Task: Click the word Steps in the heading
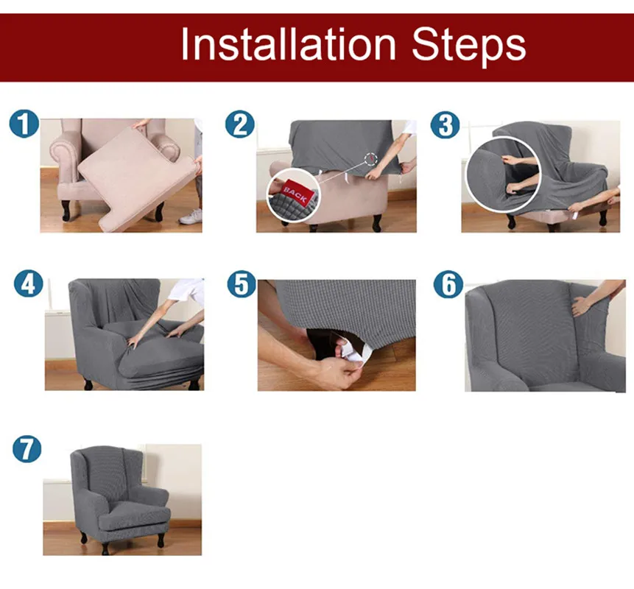pos(468,47)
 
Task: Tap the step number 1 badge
pos(24,124)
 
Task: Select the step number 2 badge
pos(240,124)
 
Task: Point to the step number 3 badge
pos(445,124)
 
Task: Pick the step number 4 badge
pos(28,283)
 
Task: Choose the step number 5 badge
pos(242,283)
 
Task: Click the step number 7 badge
pos(27,448)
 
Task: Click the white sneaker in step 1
pos(191,216)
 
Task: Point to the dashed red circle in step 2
pos(370,159)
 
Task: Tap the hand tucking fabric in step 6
pos(581,306)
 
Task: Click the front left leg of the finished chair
pos(105,549)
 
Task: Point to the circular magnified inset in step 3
pos(503,174)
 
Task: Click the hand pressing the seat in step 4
pos(133,342)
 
